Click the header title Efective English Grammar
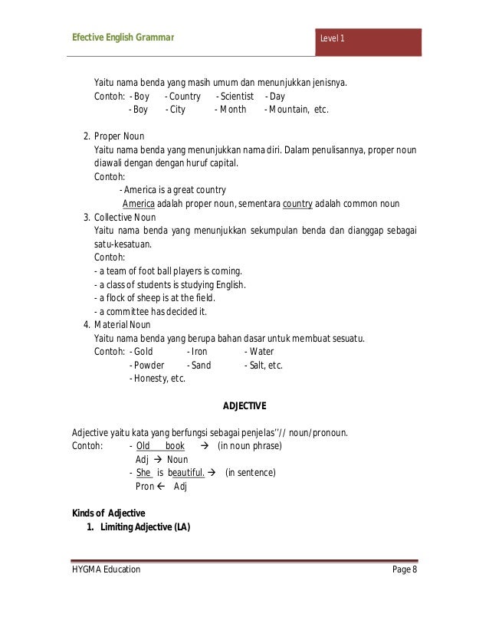point(123,37)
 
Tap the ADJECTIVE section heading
point(244,405)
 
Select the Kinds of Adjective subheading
point(108,513)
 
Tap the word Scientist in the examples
point(235,97)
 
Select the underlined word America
point(139,204)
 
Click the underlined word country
point(297,204)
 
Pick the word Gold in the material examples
point(143,351)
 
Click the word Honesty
point(149,378)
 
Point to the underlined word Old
point(143,445)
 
